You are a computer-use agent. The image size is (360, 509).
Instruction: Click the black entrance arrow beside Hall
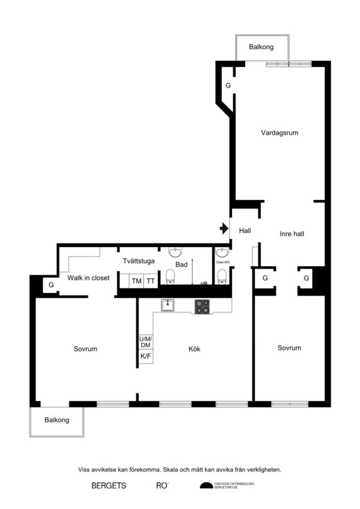pos(224,229)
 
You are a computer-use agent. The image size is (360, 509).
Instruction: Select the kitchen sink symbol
pos(168,305)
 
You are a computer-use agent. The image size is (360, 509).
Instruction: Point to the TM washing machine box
pos(136,281)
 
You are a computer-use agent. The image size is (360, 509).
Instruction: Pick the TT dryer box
pos(151,281)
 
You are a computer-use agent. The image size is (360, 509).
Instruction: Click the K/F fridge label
pos(145,356)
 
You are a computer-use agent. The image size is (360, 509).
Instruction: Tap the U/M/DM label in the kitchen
pos(145,342)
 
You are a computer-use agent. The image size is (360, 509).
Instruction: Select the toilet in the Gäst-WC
pos(221,276)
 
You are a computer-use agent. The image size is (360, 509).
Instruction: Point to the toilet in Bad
pos(170,276)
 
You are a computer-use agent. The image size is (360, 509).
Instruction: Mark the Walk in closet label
pos(89,278)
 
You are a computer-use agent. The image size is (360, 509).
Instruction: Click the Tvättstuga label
pos(139,260)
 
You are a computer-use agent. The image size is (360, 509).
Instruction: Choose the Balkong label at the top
pos(261,47)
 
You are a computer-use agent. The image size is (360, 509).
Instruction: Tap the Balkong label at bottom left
pos(57,420)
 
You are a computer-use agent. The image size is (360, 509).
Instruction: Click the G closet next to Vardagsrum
pos(228,85)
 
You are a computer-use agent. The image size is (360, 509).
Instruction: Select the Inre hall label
pos(292,234)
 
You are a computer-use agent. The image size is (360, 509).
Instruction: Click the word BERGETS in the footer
pos(108,485)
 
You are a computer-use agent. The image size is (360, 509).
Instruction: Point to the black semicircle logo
pos(205,486)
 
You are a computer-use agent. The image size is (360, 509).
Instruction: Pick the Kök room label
pos(194,349)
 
